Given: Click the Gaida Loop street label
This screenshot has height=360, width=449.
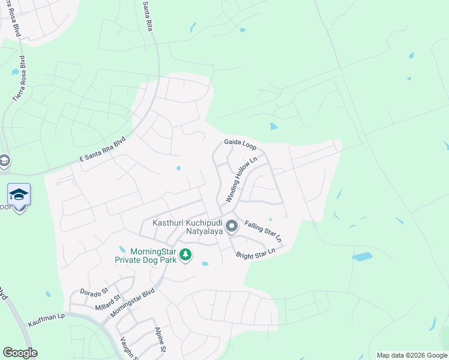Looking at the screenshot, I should pos(240,144).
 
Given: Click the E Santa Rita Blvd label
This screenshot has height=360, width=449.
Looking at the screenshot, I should pos(103,150).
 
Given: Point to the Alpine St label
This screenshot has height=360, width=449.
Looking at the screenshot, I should pos(160,339).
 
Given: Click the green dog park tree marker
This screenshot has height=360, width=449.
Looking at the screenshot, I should pos(186,255).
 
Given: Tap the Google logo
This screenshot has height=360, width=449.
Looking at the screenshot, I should pos(20,353).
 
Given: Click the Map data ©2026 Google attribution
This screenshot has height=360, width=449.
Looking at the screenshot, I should pos(411,355).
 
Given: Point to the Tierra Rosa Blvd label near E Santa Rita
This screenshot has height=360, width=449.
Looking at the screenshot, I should pos(20,79).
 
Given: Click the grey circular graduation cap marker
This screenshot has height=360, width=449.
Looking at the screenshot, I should pos(5,161).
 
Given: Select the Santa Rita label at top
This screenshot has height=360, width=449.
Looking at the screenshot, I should pos(149,17).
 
